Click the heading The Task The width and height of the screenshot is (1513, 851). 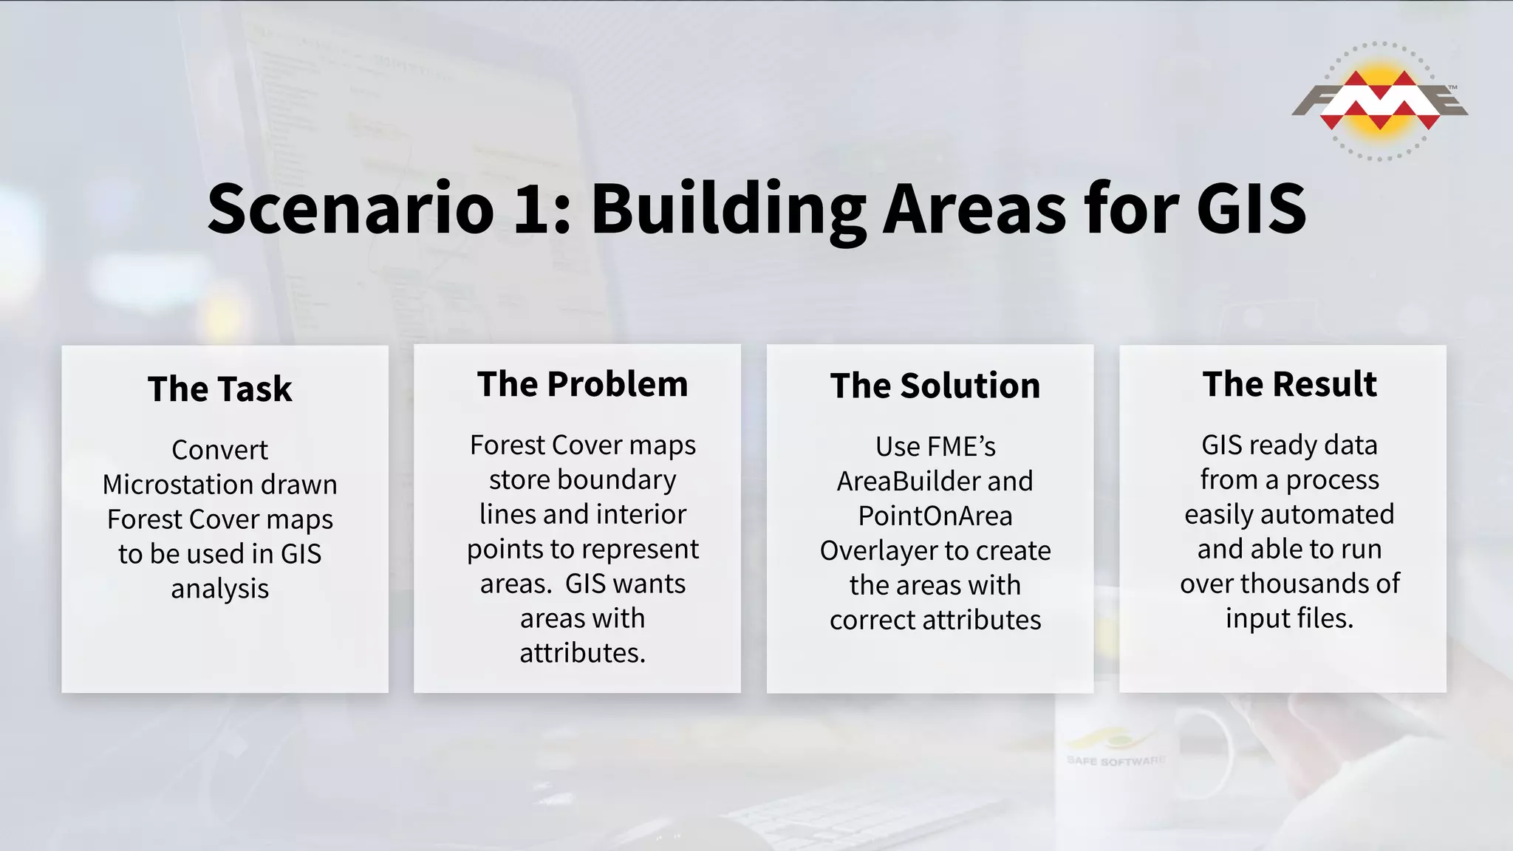coord(219,389)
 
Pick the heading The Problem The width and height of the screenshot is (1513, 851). coord(582,384)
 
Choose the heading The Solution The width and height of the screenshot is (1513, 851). coord(935,386)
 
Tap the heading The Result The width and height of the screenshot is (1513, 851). coord(1289,384)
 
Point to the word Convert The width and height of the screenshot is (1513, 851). coord(219,450)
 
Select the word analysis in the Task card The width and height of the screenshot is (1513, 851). coord(219,589)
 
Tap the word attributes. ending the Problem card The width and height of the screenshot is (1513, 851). coord(582,653)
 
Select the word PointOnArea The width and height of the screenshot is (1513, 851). coord(935,516)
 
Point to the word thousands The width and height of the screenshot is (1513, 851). coord(1305,584)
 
